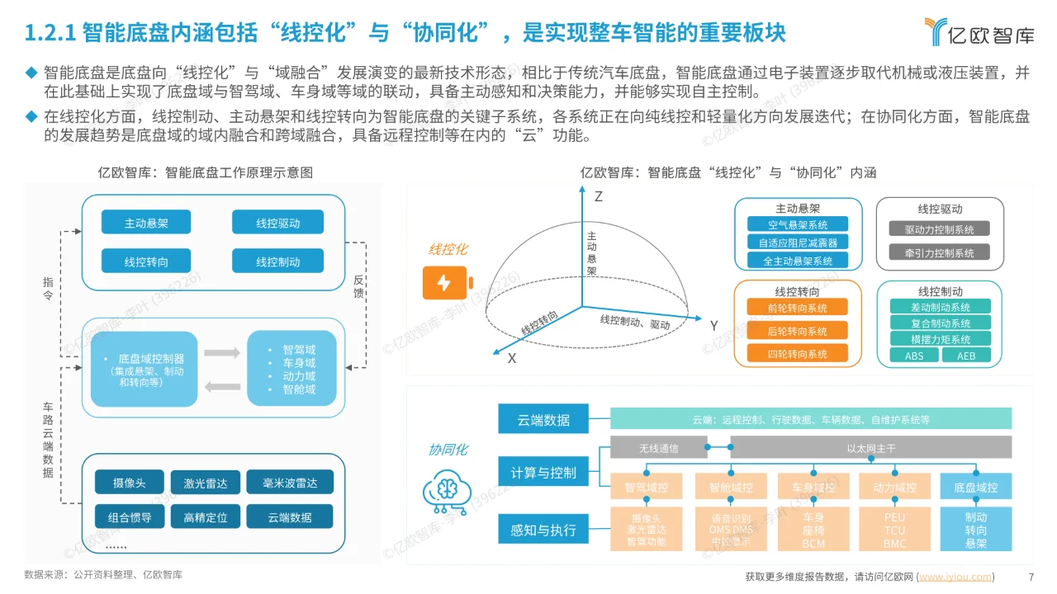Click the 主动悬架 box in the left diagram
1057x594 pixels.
tap(146, 223)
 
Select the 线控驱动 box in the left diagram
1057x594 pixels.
tap(277, 223)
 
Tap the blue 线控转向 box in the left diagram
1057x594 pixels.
tap(146, 262)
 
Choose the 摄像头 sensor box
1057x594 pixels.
tap(128, 482)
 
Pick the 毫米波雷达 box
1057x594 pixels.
tap(290, 482)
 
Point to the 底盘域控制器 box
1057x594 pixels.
tap(145, 370)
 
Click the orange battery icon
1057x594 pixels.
tap(444, 283)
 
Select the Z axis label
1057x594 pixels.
tap(599, 196)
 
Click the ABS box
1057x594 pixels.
tap(914, 356)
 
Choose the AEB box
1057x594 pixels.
tap(966, 356)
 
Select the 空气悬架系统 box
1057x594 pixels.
tap(797, 224)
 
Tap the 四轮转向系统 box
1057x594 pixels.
tap(797, 354)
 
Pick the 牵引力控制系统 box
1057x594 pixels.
tap(940, 252)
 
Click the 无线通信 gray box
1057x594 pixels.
tap(658, 449)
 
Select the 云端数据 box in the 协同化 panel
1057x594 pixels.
tap(543, 419)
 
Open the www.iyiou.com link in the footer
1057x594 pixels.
tap(955, 577)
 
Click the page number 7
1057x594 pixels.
tap(1031, 577)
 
